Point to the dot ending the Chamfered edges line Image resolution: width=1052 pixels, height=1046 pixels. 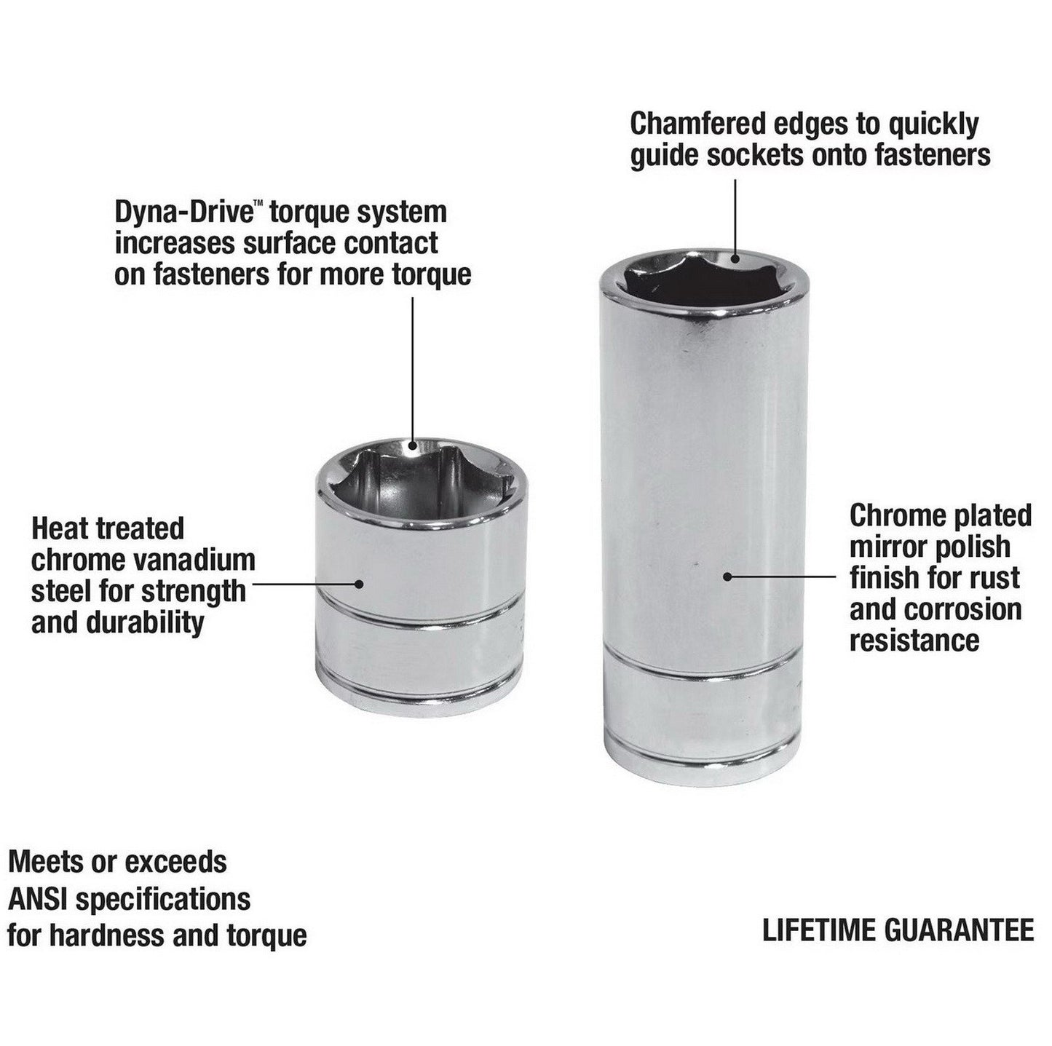(735, 257)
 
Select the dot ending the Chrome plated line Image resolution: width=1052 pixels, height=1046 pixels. (727, 577)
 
